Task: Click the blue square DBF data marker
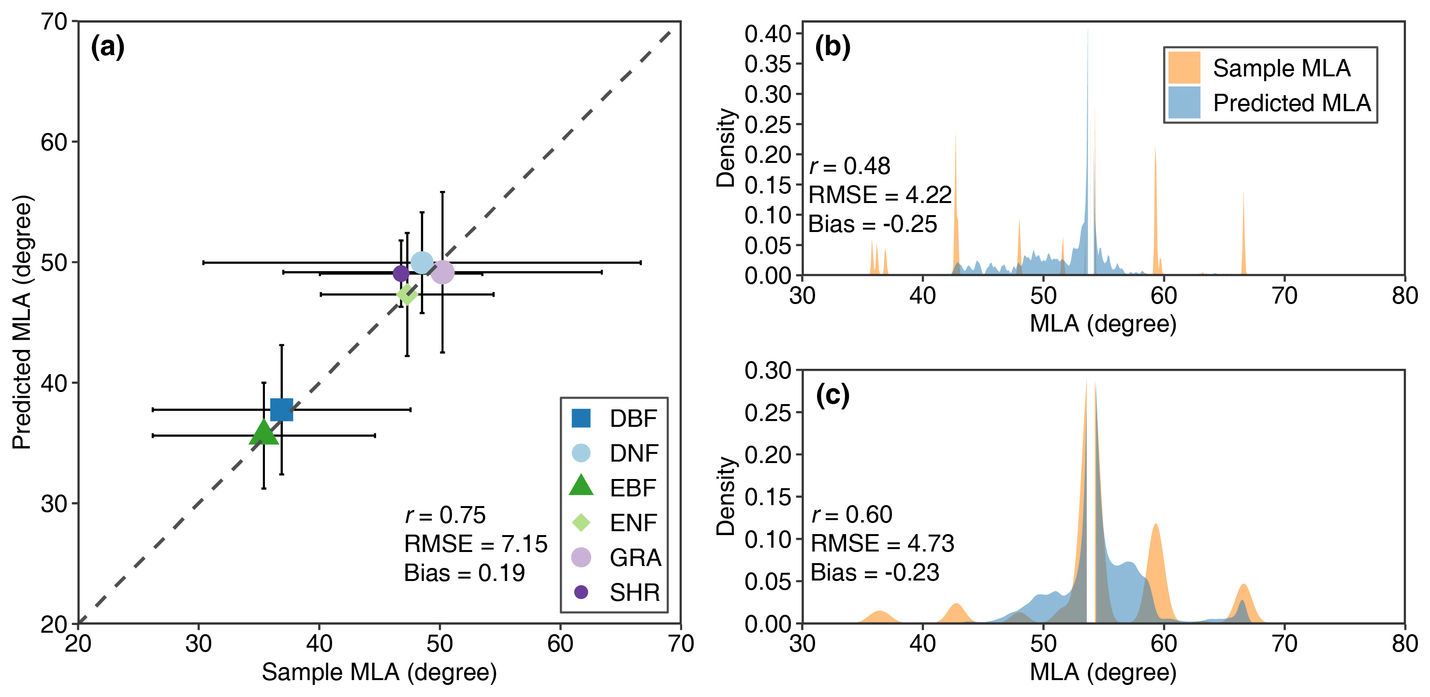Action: [281, 409]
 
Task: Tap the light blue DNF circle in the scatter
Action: [422, 262]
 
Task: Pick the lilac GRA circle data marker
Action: [442, 272]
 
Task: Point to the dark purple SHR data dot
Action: [401, 273]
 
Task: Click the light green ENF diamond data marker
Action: [407, 294]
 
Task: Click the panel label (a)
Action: [108, 46]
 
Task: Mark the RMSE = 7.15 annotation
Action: [475, 544]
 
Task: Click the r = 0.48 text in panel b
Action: [849, 166]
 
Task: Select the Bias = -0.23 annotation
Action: [875, 572]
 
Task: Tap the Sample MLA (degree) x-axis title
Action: [379, 672]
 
